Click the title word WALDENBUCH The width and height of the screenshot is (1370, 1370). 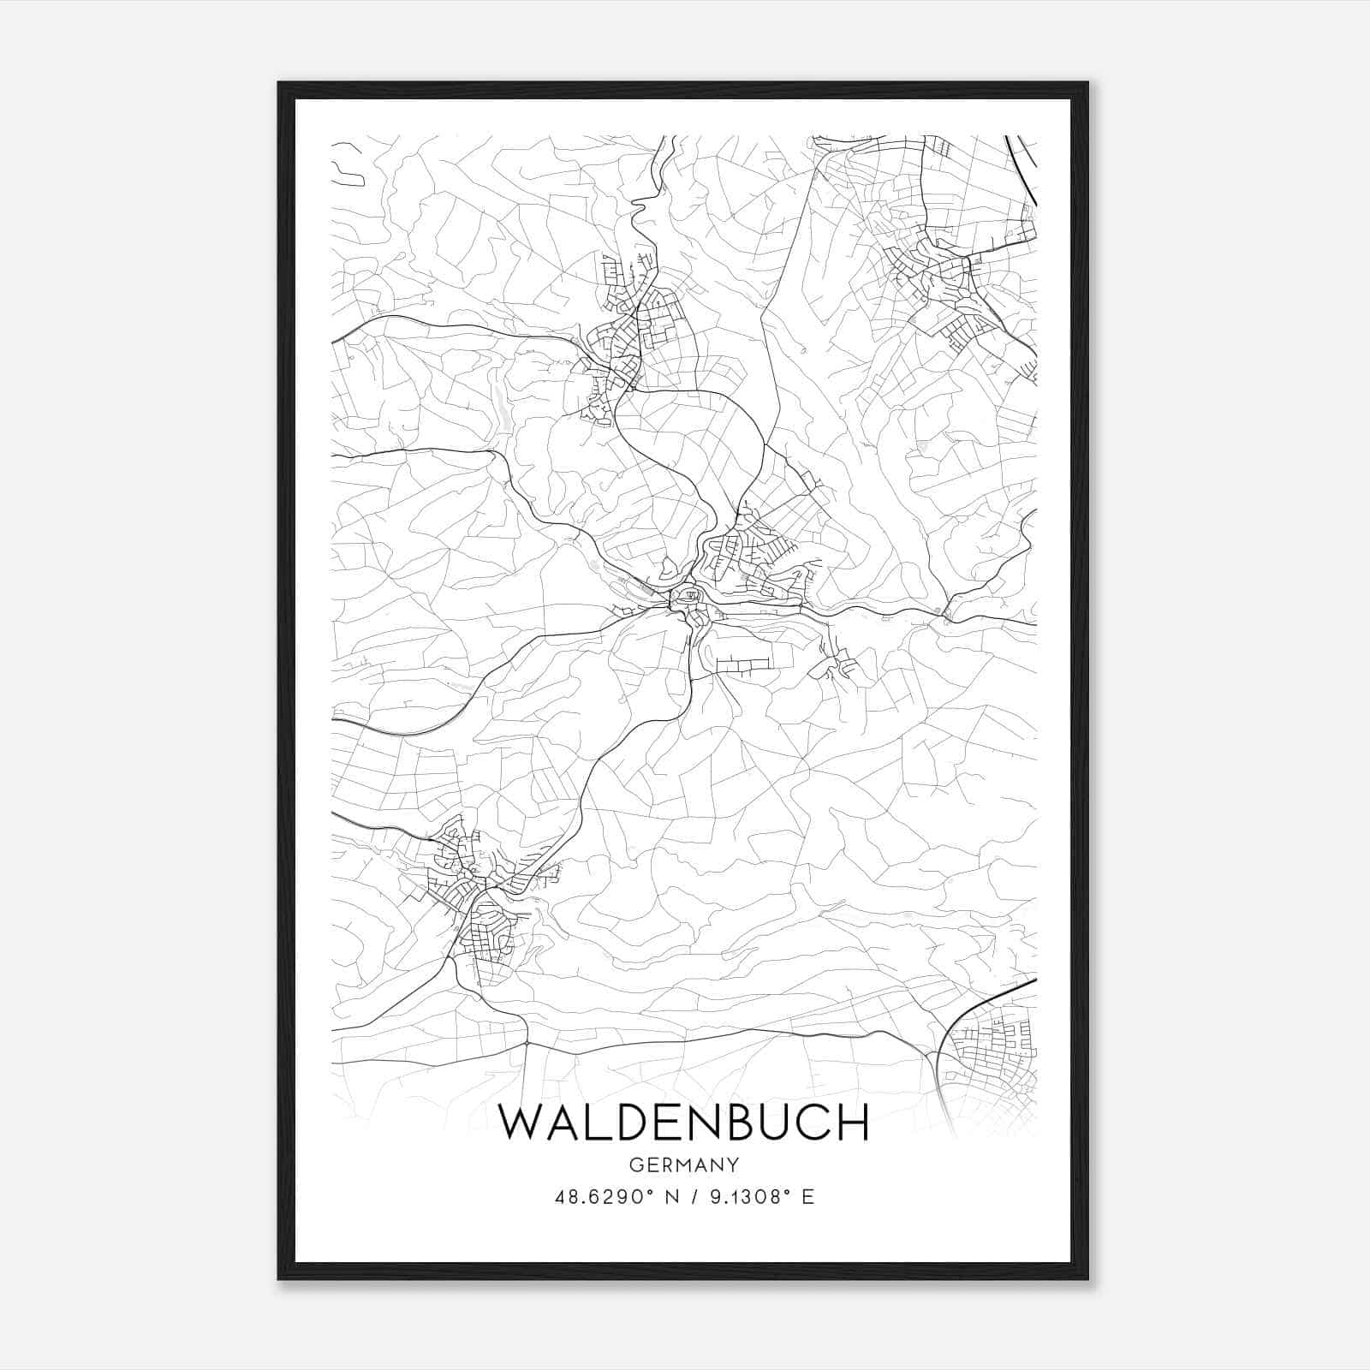click(683, 1123)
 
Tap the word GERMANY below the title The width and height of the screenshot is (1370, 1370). click(683, 1165)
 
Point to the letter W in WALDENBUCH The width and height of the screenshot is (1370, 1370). click(521, 1123)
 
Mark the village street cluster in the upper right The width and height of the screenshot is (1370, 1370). click(942, 274)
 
